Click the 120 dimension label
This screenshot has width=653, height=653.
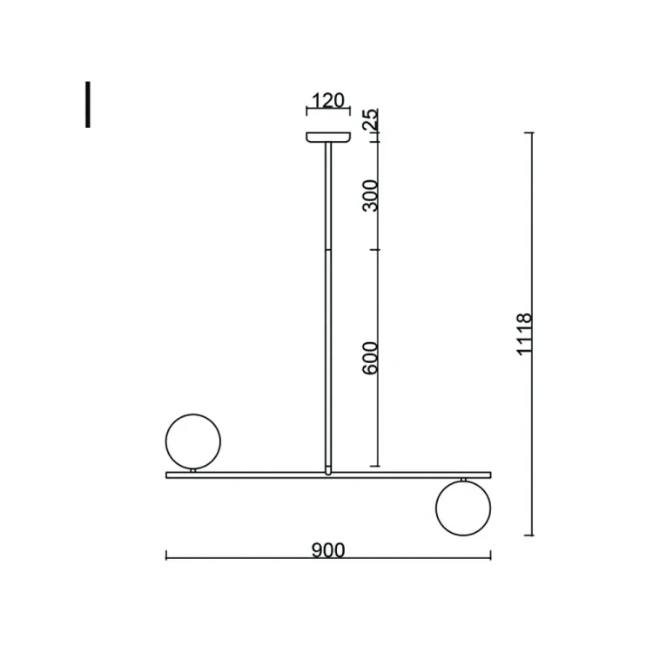pos(328,100)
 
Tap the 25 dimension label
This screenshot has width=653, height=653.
pos(371,119)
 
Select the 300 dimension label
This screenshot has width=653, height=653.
pos(370,196)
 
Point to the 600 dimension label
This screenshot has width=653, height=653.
pos(370,358)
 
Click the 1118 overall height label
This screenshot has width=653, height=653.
pos(524,334)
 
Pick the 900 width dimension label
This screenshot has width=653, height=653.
pos(328,550)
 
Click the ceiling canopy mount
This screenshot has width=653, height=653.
pos(328,137)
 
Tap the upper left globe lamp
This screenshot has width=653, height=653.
pos(193,441)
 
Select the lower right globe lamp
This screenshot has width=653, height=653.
pos(463,508)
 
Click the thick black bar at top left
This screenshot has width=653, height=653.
pos(88,104)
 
